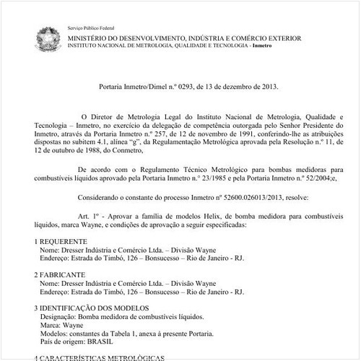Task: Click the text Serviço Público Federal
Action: pos(91,24)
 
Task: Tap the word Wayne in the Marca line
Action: pos(71,326)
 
